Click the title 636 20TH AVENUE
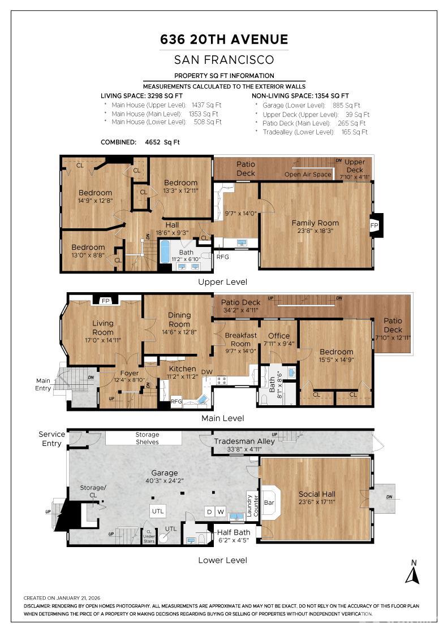pos(224,40)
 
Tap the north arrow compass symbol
pos(412,572)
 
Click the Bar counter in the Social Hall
pos(269,501)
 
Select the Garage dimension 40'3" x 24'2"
pos(164,482)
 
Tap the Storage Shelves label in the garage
pos(147,438)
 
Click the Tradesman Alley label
pos(244,441)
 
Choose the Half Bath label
pos(234,532)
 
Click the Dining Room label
pos(179,319)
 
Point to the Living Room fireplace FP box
pos(105,301)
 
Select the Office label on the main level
pos(279,336)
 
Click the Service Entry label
pos(51,439)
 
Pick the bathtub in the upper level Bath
pos(165,252)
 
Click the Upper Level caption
pos(222,281)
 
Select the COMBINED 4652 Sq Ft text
pos(139,142)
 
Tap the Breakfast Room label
pos(240,339)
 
